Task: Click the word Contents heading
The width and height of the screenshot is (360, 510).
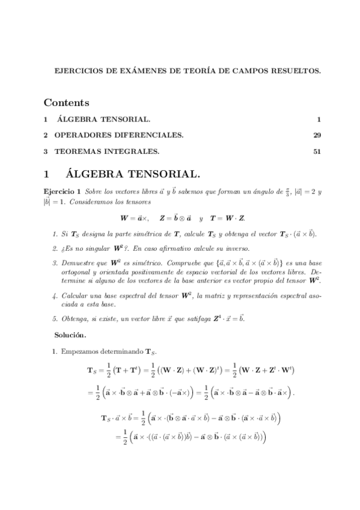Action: click(67, 103)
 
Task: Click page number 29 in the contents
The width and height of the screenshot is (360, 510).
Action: click(317, 135)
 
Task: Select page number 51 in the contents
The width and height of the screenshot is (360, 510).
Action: click(317, 151)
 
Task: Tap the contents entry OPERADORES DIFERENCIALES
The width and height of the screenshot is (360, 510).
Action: click(119, 135)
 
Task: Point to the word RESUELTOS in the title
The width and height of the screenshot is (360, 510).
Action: click(297, 70)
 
